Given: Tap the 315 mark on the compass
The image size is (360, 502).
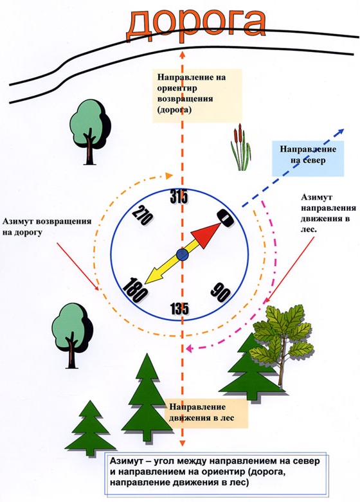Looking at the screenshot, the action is (x=179, y=197).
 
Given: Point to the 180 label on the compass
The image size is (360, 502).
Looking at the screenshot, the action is (x=134, y=291).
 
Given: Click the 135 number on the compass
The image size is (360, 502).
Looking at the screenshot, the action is (x=179, y=309).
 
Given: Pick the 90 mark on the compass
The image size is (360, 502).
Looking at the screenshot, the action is (x=221, y=292).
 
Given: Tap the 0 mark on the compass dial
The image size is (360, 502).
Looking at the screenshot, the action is (x=226, y=219).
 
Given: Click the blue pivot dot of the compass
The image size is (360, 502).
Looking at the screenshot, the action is (x=182, y=255).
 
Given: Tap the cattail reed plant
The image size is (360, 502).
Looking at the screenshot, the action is (x=240, y=148).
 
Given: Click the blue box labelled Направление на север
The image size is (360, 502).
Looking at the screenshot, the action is (x=308, y=159).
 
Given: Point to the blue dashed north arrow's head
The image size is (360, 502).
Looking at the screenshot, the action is (x=340, y=131).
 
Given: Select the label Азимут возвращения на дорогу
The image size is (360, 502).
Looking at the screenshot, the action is (x=47, y=227).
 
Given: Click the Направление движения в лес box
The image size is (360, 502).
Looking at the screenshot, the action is (x=206, y=413).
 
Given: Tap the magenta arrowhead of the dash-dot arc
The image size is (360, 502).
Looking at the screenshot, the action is (x=188, y=348).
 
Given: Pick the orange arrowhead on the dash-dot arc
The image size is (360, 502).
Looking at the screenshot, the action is (x=169, y=175).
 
